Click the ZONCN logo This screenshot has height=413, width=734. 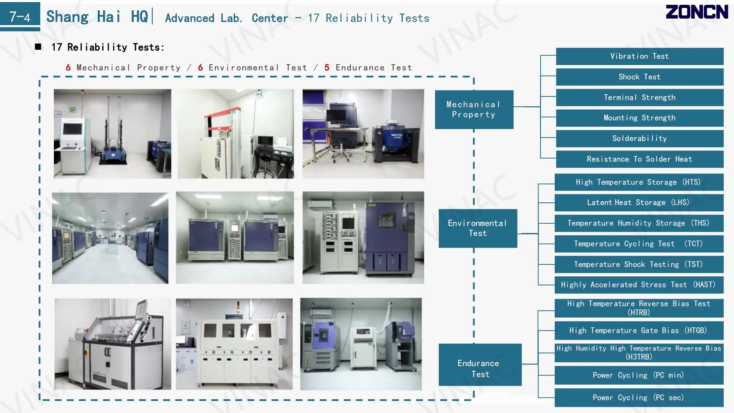(696, 12)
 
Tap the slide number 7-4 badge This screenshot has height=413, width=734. (20, 16)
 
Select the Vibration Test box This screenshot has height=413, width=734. (639, 56)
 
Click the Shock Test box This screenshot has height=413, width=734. (639, 77)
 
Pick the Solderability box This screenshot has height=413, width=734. (639, 138)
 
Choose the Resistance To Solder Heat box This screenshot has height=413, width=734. (639, 159)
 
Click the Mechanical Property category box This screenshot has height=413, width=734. (474, 109)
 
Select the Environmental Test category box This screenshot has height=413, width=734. (478, 228)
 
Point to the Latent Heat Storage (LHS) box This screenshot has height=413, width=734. (639, 202)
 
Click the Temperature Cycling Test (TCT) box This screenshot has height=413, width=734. (639, 244)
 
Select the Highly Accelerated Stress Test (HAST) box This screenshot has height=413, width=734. (639, 285)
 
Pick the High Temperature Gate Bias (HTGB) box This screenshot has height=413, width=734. (639, 330)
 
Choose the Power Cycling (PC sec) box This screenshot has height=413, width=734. (639, 398)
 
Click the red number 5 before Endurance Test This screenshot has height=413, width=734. (327, 67)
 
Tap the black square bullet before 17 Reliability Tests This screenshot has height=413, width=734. (38, 47)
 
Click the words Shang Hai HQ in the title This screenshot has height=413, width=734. (97, 17)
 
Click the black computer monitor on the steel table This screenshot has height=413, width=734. (336, 116)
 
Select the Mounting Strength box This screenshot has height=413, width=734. (639, 118)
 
